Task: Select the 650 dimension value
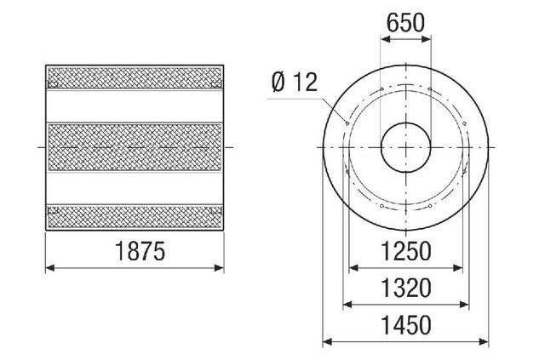click(x=405, y=23)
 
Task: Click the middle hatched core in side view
click(x=137, y=146)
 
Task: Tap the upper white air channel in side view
click(x=137, y=106)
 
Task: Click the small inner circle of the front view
click(x=405, y=146)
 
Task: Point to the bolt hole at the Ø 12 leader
click(x=348, y=123)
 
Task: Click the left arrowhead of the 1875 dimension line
click(x=49, y=268)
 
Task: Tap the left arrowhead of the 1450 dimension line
click(x=326, y=342)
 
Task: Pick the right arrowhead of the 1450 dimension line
click(x=485, y=342)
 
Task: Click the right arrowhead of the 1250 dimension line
click(x=462, y=268)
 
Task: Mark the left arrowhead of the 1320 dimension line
click(x=345, y=305)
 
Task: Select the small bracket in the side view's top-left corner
click(x=53, y=83)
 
